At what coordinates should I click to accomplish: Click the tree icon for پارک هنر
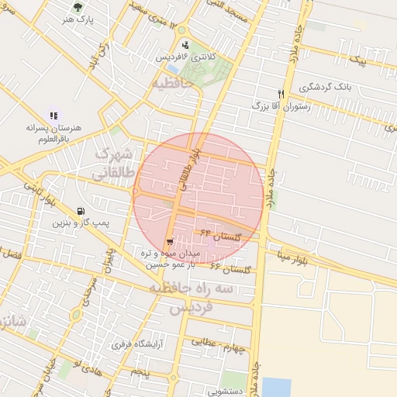point(78,5)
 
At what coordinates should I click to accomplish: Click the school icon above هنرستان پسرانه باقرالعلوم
point(54,116)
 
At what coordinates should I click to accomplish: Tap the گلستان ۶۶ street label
point(232,268)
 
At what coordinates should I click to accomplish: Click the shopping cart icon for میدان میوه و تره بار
point(170,242)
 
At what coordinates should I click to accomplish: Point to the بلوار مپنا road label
point(297,258)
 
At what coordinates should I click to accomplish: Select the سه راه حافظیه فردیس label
point(203,297)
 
